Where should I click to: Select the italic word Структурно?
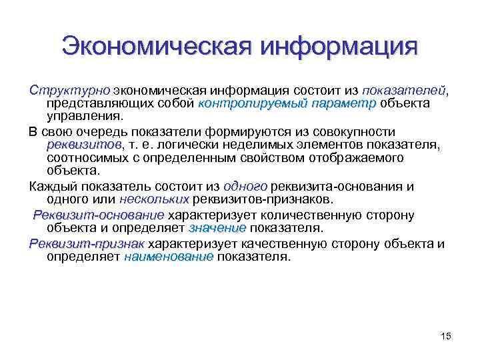[69, 90]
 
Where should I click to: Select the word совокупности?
[353, 131]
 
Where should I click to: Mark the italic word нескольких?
[154, 199]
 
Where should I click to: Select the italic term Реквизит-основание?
[99, 215]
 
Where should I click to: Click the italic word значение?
[217, 228]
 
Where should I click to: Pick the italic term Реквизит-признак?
[87, 243]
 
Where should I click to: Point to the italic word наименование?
[168, 257]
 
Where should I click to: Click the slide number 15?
[446, 336]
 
